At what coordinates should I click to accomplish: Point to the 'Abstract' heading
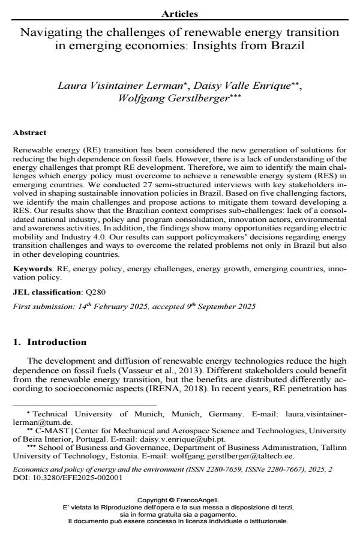point(29,133)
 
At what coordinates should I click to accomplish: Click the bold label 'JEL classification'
point(47,292)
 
